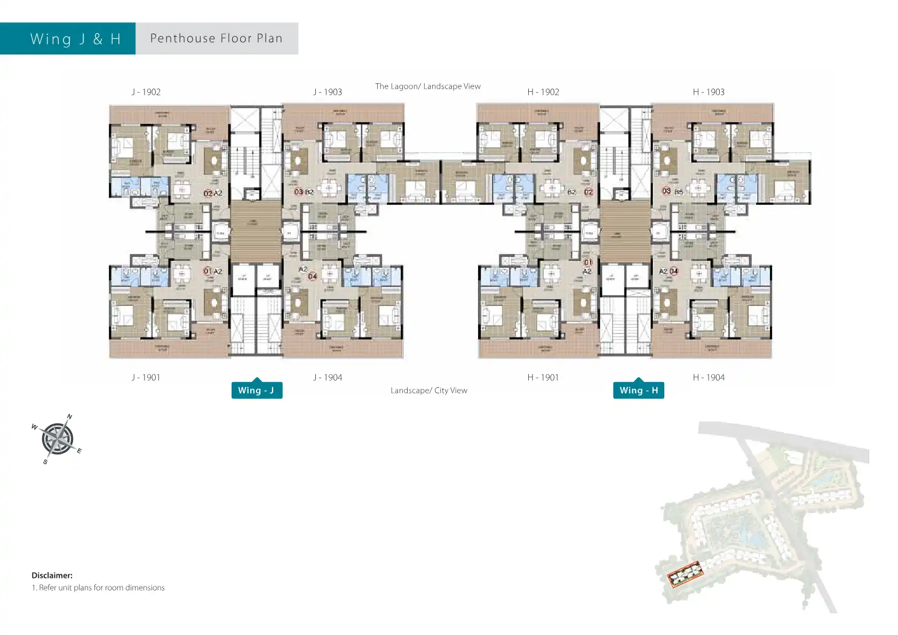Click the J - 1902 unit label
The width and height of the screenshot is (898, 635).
coord(146,92)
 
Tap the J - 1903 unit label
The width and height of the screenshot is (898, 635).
coord(328,92)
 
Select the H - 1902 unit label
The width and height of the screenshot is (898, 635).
coord(543,92)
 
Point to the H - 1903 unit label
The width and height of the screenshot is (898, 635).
coord(709,92)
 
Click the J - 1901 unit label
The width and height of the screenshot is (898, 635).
coord(146,377)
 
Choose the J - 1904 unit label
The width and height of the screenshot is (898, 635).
coord(328,377)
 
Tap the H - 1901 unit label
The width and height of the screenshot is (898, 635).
coord(543,377)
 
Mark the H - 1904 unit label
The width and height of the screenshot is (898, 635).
coord(709,377)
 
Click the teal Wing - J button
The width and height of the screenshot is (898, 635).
coord(257,390)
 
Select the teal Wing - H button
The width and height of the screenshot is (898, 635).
coord(639,390)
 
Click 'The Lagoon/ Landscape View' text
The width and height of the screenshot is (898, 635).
coord(427,86)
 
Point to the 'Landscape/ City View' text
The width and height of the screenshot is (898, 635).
coord(428,391)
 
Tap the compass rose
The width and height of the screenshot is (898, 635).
coord(57,439)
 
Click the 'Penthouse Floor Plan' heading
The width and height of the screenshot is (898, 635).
coord(217,38)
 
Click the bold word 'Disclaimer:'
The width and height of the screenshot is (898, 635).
coord(52,575)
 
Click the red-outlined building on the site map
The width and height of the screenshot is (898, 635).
coord(686,574)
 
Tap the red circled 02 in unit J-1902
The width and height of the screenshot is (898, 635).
coord(208,193)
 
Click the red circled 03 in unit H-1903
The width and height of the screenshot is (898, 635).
coord(666,191)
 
